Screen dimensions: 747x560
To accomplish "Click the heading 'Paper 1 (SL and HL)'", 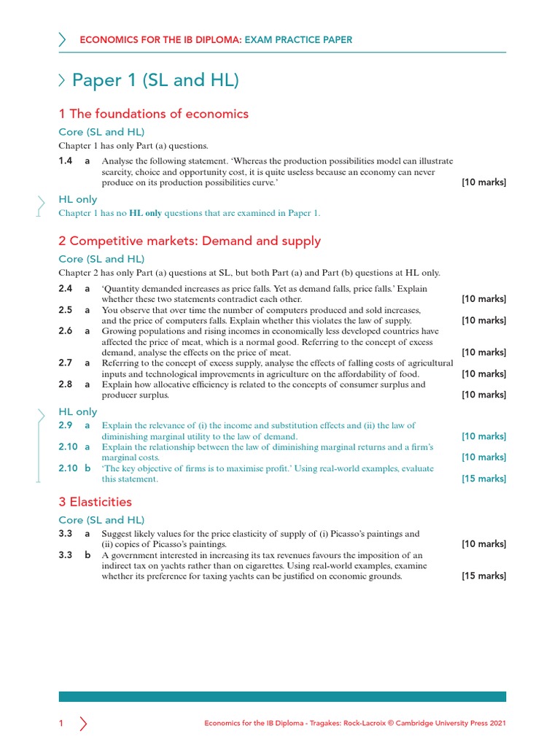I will [155, 81].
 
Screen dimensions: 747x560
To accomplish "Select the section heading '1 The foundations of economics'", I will [153, 114].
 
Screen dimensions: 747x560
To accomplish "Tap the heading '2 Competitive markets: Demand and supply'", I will [190, 241].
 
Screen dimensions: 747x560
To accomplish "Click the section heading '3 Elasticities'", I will [95, 502].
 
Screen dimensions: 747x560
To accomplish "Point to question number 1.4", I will [66, 160].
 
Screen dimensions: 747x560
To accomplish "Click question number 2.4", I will [66, 288].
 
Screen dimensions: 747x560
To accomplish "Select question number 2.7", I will [66, 363].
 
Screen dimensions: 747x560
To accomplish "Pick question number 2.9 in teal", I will [66, 425].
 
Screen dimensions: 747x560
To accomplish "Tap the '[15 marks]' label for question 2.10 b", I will [483, 479].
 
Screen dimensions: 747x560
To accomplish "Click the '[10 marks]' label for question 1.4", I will [483, 182].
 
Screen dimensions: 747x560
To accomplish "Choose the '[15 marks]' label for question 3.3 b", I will [483, 576].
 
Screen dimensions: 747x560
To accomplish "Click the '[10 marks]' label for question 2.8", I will [483, 395].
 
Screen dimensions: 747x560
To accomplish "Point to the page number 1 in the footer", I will [61, 724].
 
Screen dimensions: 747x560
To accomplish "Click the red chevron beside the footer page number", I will [83, 724].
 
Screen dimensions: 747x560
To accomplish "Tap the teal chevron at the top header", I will [63, 40].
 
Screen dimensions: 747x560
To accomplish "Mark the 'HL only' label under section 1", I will [77, 199].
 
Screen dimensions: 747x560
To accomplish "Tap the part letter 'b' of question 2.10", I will [87, 468].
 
